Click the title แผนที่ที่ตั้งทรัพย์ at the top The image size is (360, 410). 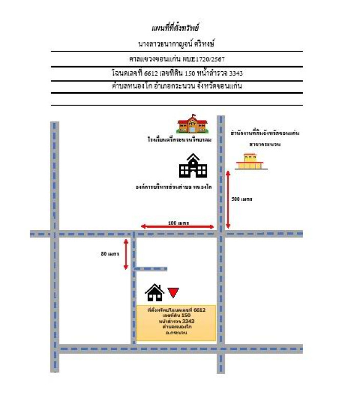pyautogui.click(x=175, y=28)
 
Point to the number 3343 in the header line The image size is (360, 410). pyautogui.click(x=236, y=73)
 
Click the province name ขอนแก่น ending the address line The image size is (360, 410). pyautogui.click(x=228, y=86)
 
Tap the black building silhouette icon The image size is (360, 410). pyautogui.click(x=193, y=166)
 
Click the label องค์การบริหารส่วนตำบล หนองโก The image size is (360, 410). pyautogui.click(x=174, y=188)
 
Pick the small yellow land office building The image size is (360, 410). pyautogui.click(x=249, y=162)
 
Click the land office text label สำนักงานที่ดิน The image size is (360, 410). pyautogui.click(x=265, y=133)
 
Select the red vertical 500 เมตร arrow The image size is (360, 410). pyautogui.click(x=228, y=200)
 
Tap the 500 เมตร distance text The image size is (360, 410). pyautogui.click(x=242, y=198)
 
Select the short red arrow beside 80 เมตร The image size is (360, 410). pyautogui.click(x=126, y=254)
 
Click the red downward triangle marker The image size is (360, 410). pyautogui.click(x=173, y=293)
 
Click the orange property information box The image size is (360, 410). pyautogui.click(x=176, y=322)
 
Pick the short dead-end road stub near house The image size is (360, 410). pyautogui.click(x=152, y=268)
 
